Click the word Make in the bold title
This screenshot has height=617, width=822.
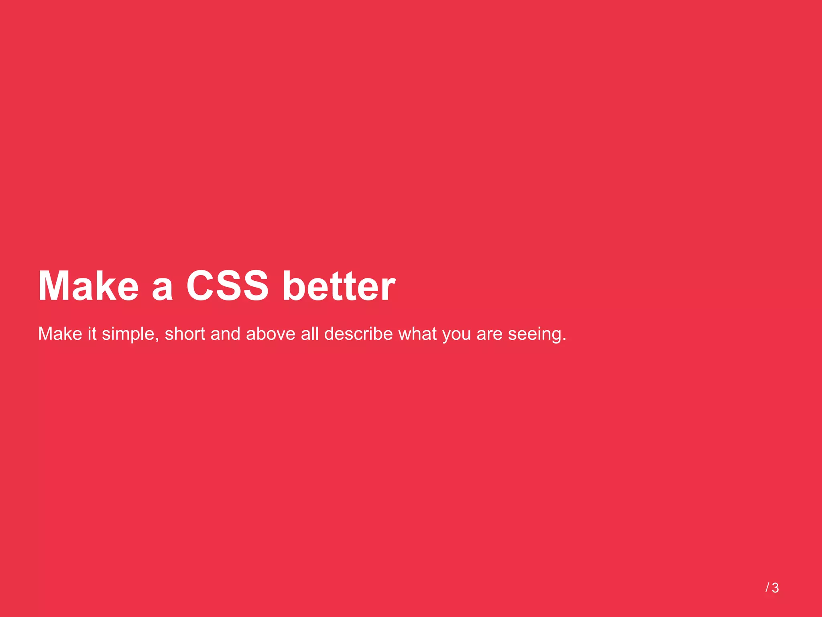[x=88, y=286]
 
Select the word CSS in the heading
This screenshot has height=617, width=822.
[x=227, y=286]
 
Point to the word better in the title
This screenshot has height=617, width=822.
[x=339, y=286]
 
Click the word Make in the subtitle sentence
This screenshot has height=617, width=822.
[x=60, y=334]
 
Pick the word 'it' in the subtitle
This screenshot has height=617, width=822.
[x=92, y=334]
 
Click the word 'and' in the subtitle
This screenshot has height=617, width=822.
[x=226, y=334]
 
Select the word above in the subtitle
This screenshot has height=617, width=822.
[x=271, y=334]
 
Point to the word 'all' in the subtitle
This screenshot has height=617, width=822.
[x=310, y=334]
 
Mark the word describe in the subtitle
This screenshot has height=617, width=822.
[x=358, y=334]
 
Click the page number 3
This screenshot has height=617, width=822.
[x=775, y=588]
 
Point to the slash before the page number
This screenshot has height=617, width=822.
[x=767, y=588]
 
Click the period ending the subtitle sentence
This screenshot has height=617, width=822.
[x=564, y=339]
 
